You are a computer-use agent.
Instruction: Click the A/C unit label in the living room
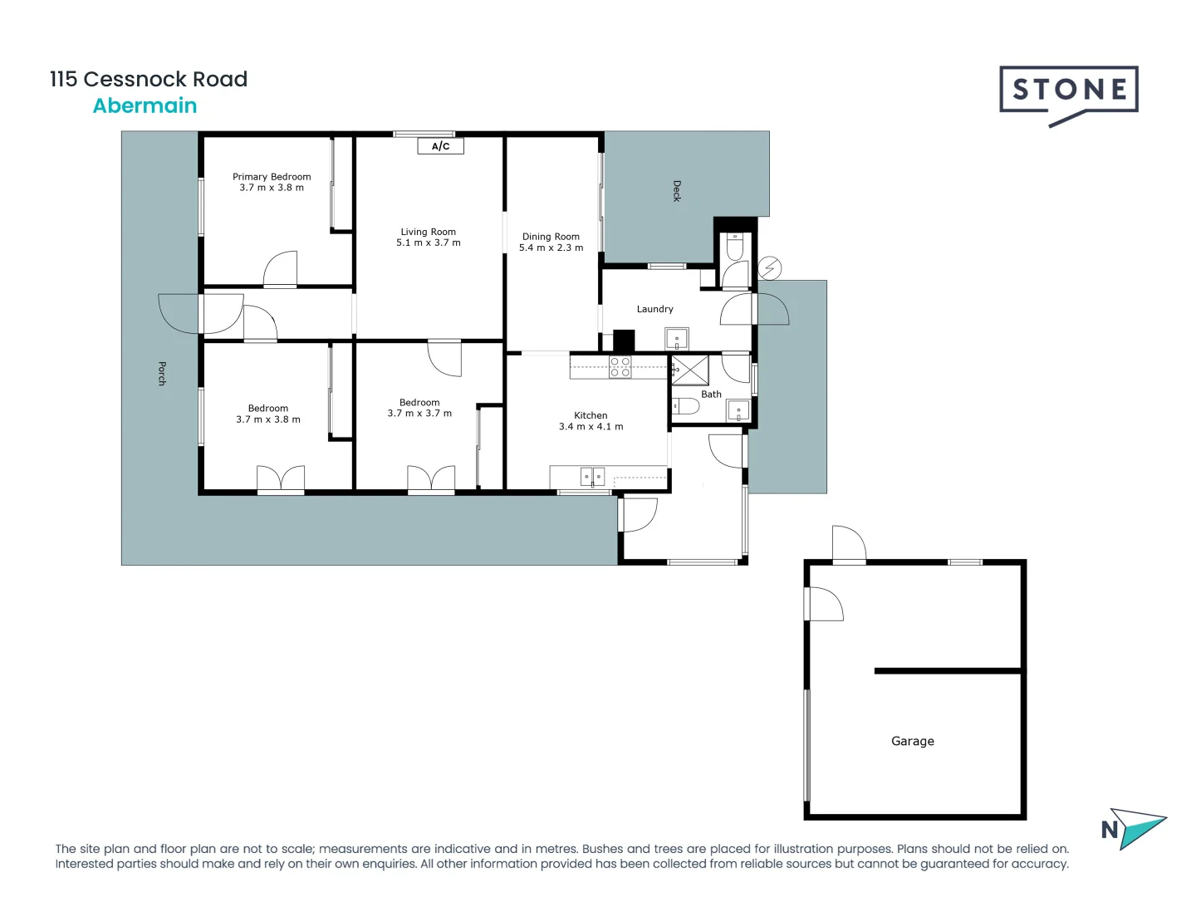coord(440,146)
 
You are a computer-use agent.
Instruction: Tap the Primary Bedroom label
coord(272,177)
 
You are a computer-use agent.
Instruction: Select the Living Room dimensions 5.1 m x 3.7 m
coord(428,243)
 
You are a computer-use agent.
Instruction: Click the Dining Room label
coord(551,237)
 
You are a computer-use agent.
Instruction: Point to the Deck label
coord(676,191)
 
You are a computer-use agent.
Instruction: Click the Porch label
coord(162,374)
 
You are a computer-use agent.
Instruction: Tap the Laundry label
coord(654,309)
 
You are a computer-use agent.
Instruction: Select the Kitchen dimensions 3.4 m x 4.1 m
coord(591,427)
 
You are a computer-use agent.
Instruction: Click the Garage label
coord(912,741)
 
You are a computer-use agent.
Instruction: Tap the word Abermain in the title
coord(145,105)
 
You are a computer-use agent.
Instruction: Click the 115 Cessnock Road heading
coord(149,79)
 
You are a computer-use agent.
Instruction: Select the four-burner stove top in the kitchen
coord(620,367)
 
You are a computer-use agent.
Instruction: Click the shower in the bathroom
coord(690,370)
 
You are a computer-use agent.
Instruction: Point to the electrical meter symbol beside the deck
coord(770,268)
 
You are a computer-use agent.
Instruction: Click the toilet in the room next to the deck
coord(735,247)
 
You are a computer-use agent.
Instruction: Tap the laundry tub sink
coord(676,339)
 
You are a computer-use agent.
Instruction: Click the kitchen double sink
coord(592,477)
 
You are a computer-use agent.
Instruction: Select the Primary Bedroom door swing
coord(280,269)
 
